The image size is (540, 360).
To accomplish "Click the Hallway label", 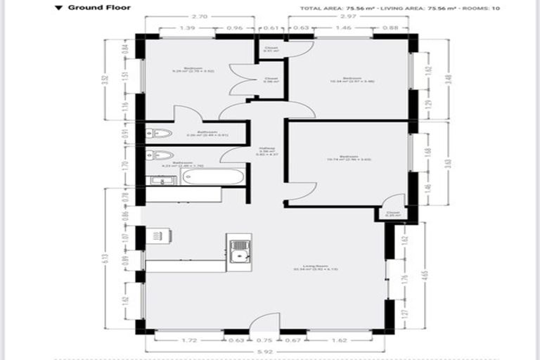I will point(267,150).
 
